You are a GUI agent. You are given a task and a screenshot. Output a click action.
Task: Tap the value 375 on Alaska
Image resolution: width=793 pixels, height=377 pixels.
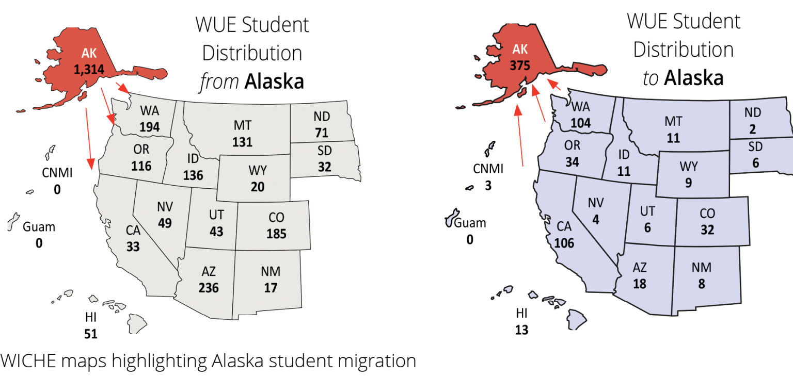tap(520, 66)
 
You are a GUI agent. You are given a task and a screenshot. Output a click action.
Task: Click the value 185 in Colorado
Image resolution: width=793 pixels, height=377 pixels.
tap(276, 234)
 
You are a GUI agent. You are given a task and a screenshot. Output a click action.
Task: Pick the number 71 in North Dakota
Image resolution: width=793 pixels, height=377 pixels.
tap(321, 133)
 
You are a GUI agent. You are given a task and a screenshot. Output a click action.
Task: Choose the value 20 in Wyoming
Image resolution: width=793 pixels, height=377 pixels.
tap(257, 187)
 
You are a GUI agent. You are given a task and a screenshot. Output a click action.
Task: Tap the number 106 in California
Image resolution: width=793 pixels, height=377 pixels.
tap(564, 243)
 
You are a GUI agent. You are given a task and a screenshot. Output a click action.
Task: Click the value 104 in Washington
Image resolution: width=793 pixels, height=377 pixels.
tap(581, 123)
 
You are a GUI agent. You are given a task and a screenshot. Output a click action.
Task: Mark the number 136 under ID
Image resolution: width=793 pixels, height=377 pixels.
tap(193, 175)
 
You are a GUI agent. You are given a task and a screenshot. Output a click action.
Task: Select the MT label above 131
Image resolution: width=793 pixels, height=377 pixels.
tap(242, 126)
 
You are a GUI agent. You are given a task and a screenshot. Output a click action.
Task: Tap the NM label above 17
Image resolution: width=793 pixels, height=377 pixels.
tap(271, 271)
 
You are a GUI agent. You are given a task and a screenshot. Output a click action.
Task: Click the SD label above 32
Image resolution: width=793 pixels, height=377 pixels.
tap(324, 151)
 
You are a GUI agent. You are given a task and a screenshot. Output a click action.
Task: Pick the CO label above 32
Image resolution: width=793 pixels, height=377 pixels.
tap(707, 213)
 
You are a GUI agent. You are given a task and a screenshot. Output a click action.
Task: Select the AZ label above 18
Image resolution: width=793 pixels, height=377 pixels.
tap(639, 268)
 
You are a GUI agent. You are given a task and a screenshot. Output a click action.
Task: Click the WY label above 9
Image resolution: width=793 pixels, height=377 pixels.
tap(688, 167)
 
